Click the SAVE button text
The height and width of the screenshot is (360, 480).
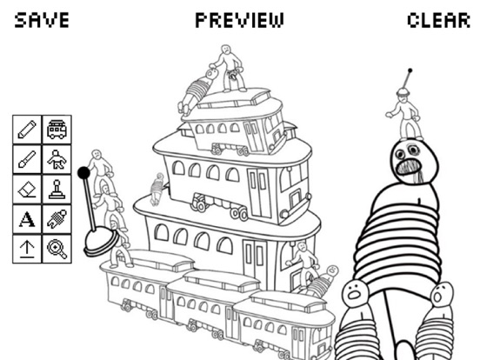(x=42, y=20)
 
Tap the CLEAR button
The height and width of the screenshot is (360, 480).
(x=438, y=20)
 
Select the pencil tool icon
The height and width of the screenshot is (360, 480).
(x=27, y=130)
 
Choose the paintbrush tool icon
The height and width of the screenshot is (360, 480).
(x=27, y=159)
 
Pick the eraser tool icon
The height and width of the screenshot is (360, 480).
(x=27, y=190)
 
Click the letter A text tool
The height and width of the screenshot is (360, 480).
(x=27, y=219)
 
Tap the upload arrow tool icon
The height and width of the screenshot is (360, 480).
(x=27, y=249)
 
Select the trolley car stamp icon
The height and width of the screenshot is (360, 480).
(x=57, y=130)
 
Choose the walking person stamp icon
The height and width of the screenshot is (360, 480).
(x=57, y=159)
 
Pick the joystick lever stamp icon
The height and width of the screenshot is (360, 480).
(x=57, y=190)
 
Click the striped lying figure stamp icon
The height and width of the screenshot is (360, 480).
(x=57, y=219)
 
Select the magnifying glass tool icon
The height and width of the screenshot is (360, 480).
(x=57, y=249)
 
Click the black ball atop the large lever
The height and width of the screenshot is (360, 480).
(x=83, y=173)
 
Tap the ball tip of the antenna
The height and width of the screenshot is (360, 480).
(x=410, y=70)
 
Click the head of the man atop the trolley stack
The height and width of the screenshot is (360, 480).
(x=226, y=49)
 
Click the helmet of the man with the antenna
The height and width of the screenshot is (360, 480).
(x=403, y=91)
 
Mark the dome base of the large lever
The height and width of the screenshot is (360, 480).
(x=101, y=243)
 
